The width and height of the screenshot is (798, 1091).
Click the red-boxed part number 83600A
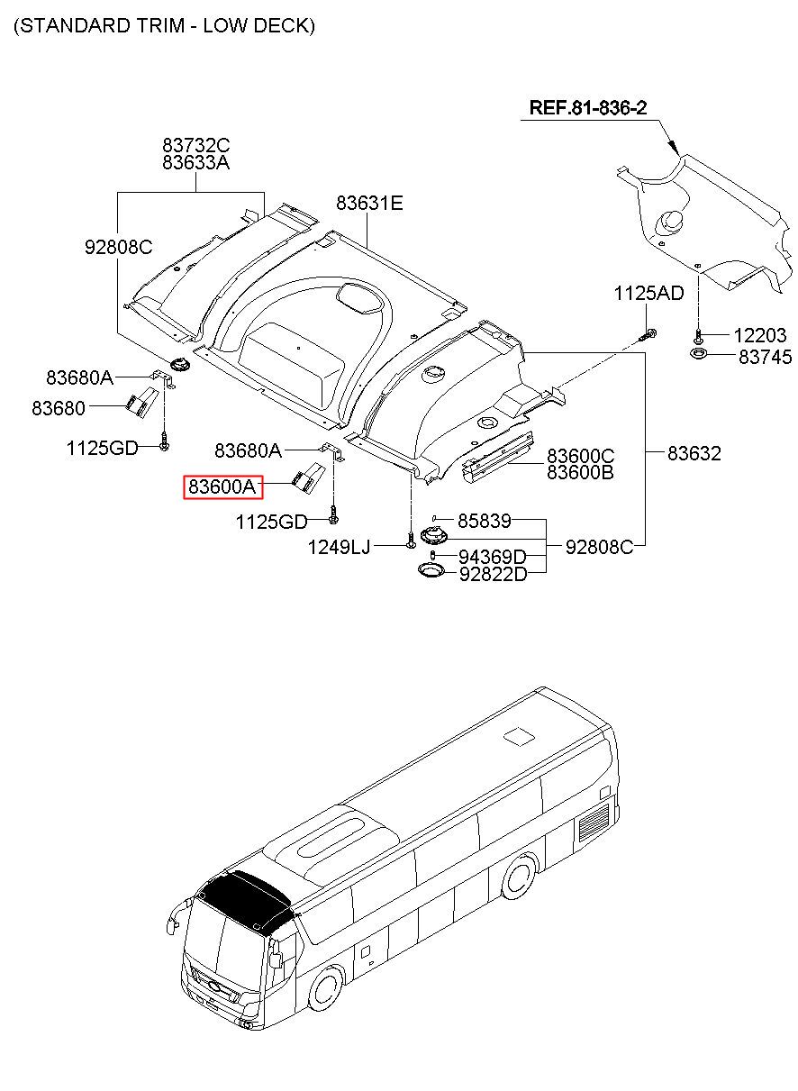coord(222,486)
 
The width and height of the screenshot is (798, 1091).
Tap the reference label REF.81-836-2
coord(587,107)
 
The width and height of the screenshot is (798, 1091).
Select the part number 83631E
coord(369,203)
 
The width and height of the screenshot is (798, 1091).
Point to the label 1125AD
coord(648,293)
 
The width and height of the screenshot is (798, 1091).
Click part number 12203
coord(759,335)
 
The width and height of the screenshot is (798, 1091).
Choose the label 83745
coord(765,357)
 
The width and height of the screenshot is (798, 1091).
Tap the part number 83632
coord(694,453)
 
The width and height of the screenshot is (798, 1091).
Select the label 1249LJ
coord(339,547)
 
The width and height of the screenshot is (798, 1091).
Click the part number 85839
coord(484,521)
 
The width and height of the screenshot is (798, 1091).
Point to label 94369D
coord(493,556)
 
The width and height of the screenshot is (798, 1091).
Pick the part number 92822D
coord(494,574)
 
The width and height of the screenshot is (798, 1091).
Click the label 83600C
coord(580,455)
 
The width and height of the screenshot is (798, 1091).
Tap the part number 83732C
coord(195,145)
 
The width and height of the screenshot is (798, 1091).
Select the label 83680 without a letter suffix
coord(59,408)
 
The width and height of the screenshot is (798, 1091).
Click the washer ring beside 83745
coord(699,353)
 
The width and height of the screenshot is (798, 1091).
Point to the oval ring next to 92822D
coord(431,570)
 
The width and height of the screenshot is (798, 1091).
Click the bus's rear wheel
coord(520,877)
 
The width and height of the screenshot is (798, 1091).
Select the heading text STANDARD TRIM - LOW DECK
coord(164,25)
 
